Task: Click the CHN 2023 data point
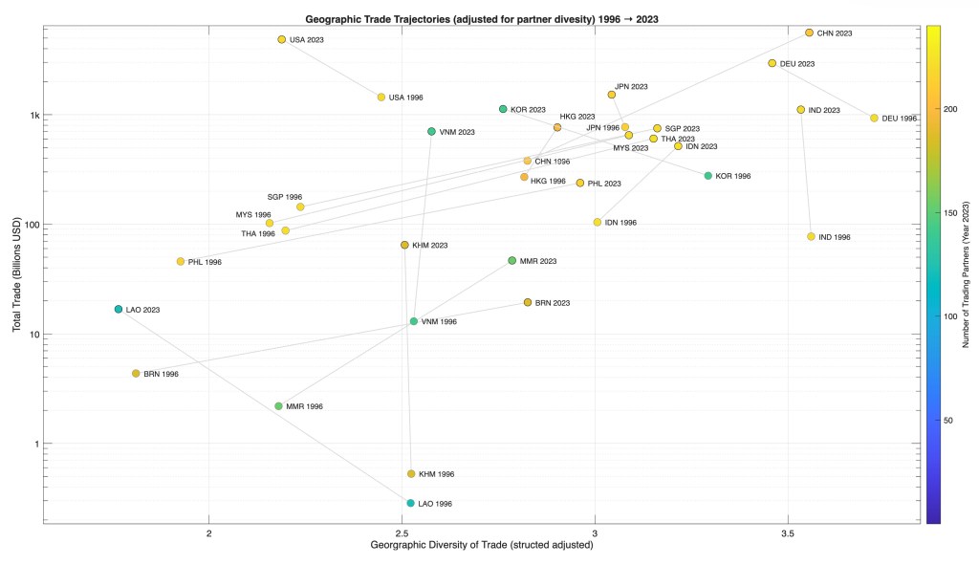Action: pyautogui.click(x=809, y=33)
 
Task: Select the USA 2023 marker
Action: pyautogui.click(x=281, y=39)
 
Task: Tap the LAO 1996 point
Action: pyautogui.click(x=410, y=503)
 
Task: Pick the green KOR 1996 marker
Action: pyautogui.click(x=707, y=176)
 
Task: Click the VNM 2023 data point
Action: pyautogui.click(x=431, y=131)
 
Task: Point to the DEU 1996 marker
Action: pyautogui.click(x=874, y=118)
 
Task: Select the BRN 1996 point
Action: pyautogui.click(x=136, y=374)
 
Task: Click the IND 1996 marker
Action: pyautogui.click(x=811, y=236)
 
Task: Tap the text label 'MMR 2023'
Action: pyautogui.click(x=538, y=261)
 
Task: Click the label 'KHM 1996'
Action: pyautogui.click(x=436, y=474)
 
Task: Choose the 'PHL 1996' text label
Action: pyautogui.click(x=205, y=262)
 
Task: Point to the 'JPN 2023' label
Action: pyautogui.click(x=631, y=87)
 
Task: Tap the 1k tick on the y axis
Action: pyautogui.click(x=33, y=115)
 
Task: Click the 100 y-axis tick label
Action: pyautogui.click(x=32, y=225)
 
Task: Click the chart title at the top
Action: pyautogui.click(x=484, y=18)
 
